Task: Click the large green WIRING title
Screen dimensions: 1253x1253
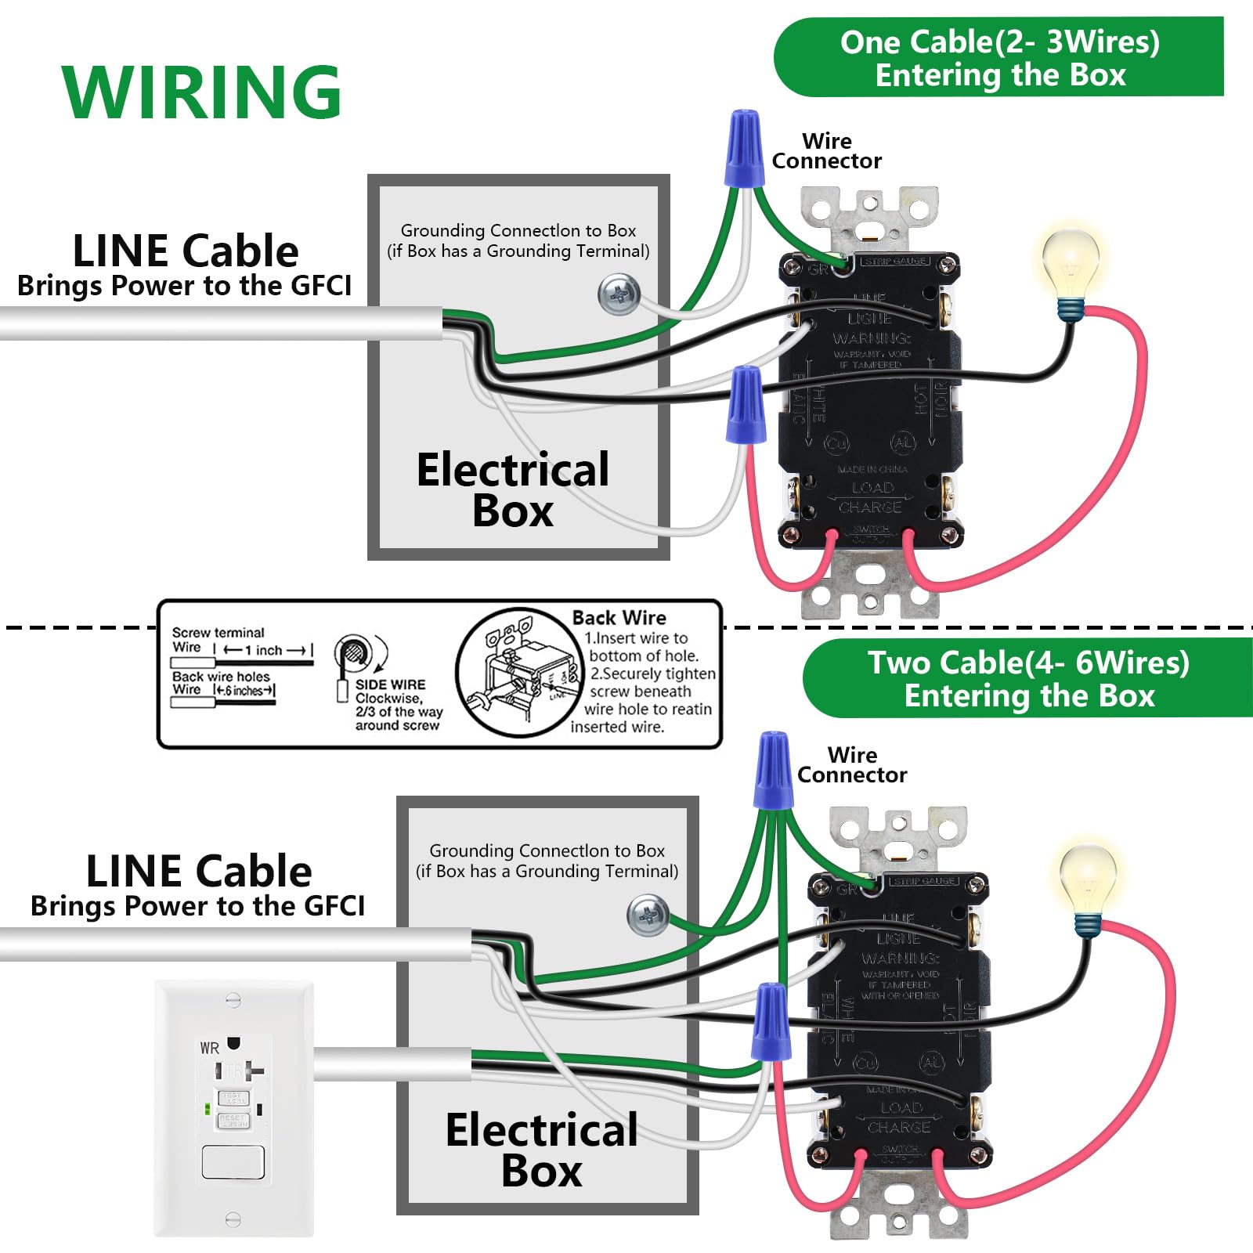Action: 201,92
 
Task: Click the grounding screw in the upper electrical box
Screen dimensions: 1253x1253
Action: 619,295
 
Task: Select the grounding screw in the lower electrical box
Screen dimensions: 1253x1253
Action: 648,915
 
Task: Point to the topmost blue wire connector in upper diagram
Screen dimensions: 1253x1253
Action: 744,149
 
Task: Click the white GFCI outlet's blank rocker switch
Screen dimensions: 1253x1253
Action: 233,1162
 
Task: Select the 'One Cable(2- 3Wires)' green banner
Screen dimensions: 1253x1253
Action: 999,58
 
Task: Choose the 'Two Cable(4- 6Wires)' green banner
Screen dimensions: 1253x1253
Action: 1027,678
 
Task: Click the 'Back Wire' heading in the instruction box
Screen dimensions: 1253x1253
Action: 619,618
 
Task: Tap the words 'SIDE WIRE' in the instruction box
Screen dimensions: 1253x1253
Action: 390,684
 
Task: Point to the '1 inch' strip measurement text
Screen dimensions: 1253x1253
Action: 268,650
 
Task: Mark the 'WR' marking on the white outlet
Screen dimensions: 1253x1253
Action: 209,1048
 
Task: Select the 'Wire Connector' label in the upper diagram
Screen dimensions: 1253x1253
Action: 826,151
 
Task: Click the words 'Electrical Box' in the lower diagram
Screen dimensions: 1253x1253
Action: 541,1150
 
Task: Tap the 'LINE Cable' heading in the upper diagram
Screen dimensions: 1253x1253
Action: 185,251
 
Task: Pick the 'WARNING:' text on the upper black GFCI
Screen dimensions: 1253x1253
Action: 871,338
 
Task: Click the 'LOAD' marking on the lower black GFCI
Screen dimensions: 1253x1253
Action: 901,1107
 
